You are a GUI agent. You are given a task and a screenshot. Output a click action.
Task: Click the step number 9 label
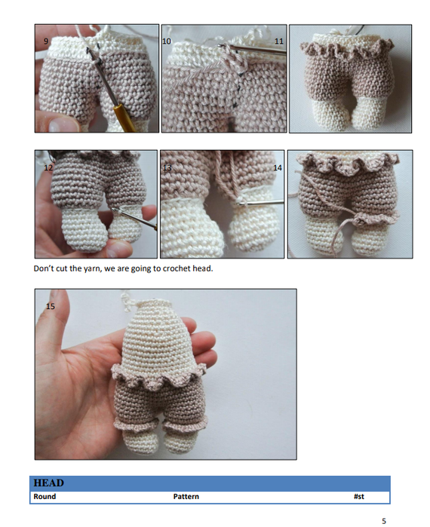click(45, 40)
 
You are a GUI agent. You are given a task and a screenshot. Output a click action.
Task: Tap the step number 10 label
click(167, 39)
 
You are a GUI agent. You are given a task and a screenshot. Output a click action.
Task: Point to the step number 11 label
click(279, 39)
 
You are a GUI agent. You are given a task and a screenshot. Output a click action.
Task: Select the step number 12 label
click(48, 167)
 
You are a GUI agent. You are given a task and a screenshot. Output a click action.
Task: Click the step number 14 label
click(277, 167)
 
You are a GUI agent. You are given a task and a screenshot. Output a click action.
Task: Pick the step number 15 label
click(50, 306)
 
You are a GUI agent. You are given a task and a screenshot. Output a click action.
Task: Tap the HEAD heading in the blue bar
click(48, 483)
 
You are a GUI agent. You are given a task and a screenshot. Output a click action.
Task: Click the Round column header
click(45, 497)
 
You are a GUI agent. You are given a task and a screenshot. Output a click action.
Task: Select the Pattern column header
click(186, 497)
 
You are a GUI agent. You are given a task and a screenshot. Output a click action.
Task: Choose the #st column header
click(358, 497)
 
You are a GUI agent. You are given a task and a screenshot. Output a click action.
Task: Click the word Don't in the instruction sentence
click(44, 269)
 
